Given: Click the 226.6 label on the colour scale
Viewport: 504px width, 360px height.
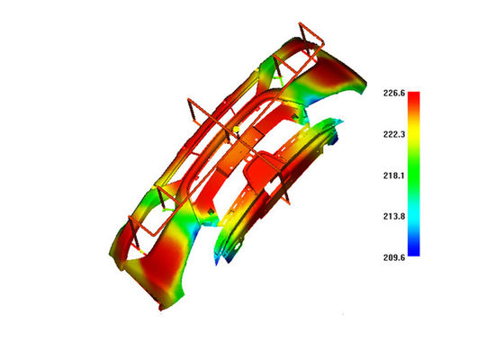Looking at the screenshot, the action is [x=394, y=94].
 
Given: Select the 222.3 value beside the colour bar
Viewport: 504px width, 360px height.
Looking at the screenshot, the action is [x=394, y=134].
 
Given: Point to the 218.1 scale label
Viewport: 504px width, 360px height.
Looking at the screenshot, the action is [x=394, y=175].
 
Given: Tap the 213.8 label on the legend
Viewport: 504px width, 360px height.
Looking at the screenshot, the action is [x=394, y=216].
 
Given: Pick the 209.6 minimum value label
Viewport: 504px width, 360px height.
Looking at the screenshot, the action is [x=394, y=257].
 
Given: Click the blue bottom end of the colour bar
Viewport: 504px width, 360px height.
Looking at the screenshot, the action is [x=414, y=252].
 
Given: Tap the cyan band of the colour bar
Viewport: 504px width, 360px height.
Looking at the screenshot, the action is [x=414, y=215].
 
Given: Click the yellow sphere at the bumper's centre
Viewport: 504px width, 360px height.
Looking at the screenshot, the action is [x=236, y=130].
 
